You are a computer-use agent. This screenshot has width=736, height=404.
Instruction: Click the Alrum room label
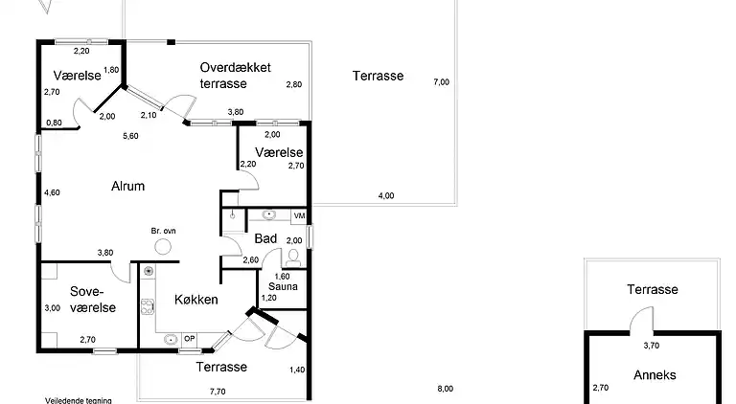coord(127,186)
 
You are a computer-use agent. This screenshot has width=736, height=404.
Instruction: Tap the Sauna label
coord(283,286)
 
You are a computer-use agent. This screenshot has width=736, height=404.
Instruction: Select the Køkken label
coord(196,300)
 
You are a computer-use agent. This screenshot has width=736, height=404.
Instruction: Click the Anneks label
coord(655,375)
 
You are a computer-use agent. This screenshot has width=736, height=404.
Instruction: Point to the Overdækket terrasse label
coord(235,75)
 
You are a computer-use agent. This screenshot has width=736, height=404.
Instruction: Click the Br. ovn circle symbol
coord(163,247)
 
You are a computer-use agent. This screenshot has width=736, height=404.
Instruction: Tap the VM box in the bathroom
coord(299,216)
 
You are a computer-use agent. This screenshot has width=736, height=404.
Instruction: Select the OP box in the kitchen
coord(189,338)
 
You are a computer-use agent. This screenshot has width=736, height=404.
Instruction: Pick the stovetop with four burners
coord(148,306)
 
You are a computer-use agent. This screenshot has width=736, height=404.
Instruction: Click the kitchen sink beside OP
coord(171,338)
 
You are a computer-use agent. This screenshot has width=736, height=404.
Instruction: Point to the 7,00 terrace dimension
coord(441,82)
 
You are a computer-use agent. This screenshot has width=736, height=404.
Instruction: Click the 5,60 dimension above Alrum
coord(130,136)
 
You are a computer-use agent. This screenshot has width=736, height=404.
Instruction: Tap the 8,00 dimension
coord(446,389)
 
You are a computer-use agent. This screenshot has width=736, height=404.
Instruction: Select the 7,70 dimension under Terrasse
coord(218,392)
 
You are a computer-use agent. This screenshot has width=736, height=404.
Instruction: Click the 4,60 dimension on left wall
coord(52,192)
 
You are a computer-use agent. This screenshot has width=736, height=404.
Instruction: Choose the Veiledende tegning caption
coord(79,401)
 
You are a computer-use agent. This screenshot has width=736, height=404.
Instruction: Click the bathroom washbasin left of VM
coord(268,215)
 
